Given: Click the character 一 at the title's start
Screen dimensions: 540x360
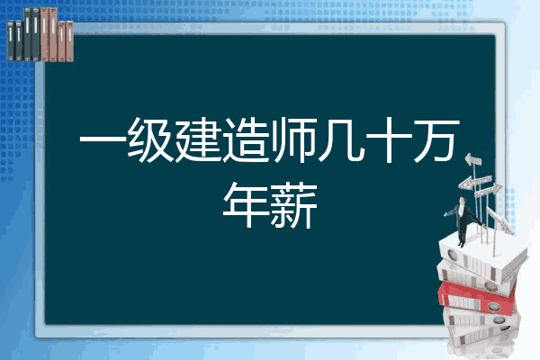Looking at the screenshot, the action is (103, 140).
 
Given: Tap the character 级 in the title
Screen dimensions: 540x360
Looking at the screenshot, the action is (150, 139).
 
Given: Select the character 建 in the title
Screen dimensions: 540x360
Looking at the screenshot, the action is (198, 139).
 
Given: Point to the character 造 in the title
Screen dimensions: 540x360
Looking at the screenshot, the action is (246, 139).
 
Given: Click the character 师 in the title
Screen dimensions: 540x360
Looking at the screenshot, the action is (293, 139).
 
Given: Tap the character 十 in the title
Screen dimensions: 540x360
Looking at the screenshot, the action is (389, 139).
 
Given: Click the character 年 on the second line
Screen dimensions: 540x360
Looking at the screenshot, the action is (246, 205).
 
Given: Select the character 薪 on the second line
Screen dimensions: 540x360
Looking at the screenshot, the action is (293, 205).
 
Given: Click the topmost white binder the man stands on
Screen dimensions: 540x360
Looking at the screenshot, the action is (482, 255).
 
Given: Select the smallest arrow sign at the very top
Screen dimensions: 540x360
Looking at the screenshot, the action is (473, 160).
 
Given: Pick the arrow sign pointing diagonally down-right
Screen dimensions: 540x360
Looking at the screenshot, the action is (500, 220).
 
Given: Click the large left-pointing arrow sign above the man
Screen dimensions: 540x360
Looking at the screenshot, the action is (474, 182).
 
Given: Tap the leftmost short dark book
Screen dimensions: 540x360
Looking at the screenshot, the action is (11, 40).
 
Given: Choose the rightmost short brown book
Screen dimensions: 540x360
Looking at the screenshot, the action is (70, 41).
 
